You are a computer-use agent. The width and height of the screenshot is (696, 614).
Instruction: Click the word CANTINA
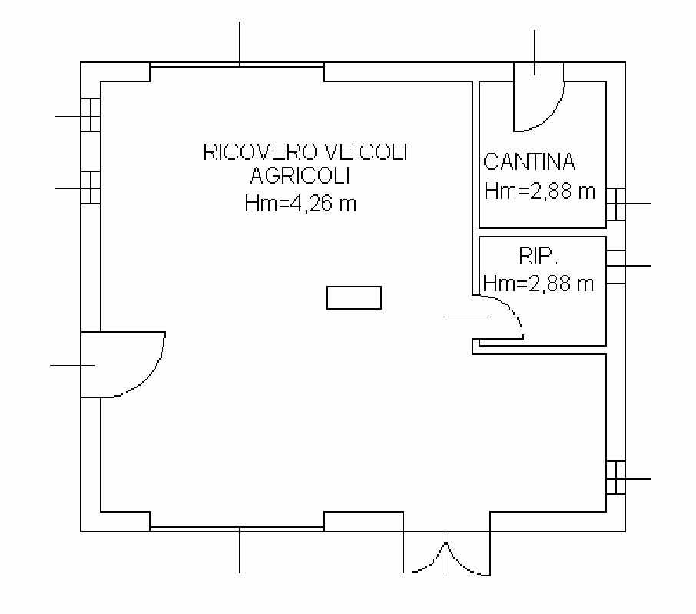pos(529,161)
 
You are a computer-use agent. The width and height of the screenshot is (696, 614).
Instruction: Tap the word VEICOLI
pos(366,152)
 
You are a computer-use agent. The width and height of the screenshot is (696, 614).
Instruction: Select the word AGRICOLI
pos(300,176)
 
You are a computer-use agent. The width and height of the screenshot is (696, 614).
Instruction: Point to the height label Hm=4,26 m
pos(300,204)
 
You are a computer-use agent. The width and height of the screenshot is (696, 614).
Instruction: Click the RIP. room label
pos(537,256)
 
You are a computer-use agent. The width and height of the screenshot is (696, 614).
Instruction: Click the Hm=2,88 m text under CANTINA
pos(539,191)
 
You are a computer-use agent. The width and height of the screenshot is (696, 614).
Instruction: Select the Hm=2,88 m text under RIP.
pos(539,284)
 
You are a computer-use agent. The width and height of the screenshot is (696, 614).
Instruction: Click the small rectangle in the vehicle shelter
pos(354,297)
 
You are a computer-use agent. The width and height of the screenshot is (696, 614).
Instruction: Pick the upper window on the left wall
pos(90,115)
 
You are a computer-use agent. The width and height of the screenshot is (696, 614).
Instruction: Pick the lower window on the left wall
pos(90,188)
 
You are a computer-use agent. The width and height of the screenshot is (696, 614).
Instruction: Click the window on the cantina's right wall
pos(616,204)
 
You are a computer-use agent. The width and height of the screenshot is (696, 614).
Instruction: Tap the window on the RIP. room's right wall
pos(616,267)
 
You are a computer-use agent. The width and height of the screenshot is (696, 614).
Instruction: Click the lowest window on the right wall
pos(616,478)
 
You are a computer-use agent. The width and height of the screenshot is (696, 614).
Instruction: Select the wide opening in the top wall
pos(237,65)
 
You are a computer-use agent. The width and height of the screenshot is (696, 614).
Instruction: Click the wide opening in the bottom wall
pos(237,528)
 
